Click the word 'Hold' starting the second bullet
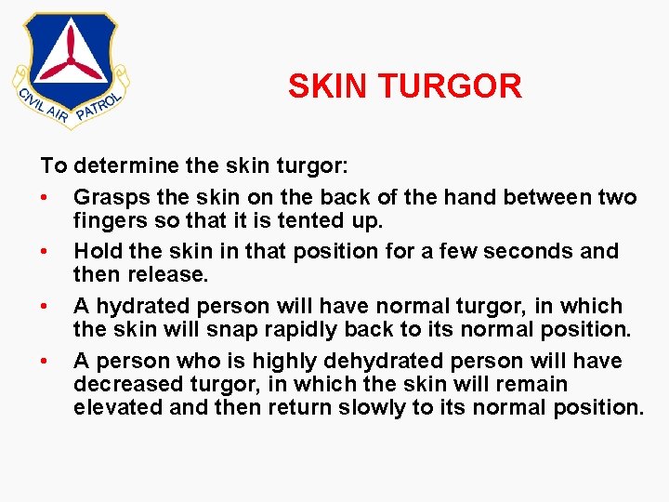point(96,251)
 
